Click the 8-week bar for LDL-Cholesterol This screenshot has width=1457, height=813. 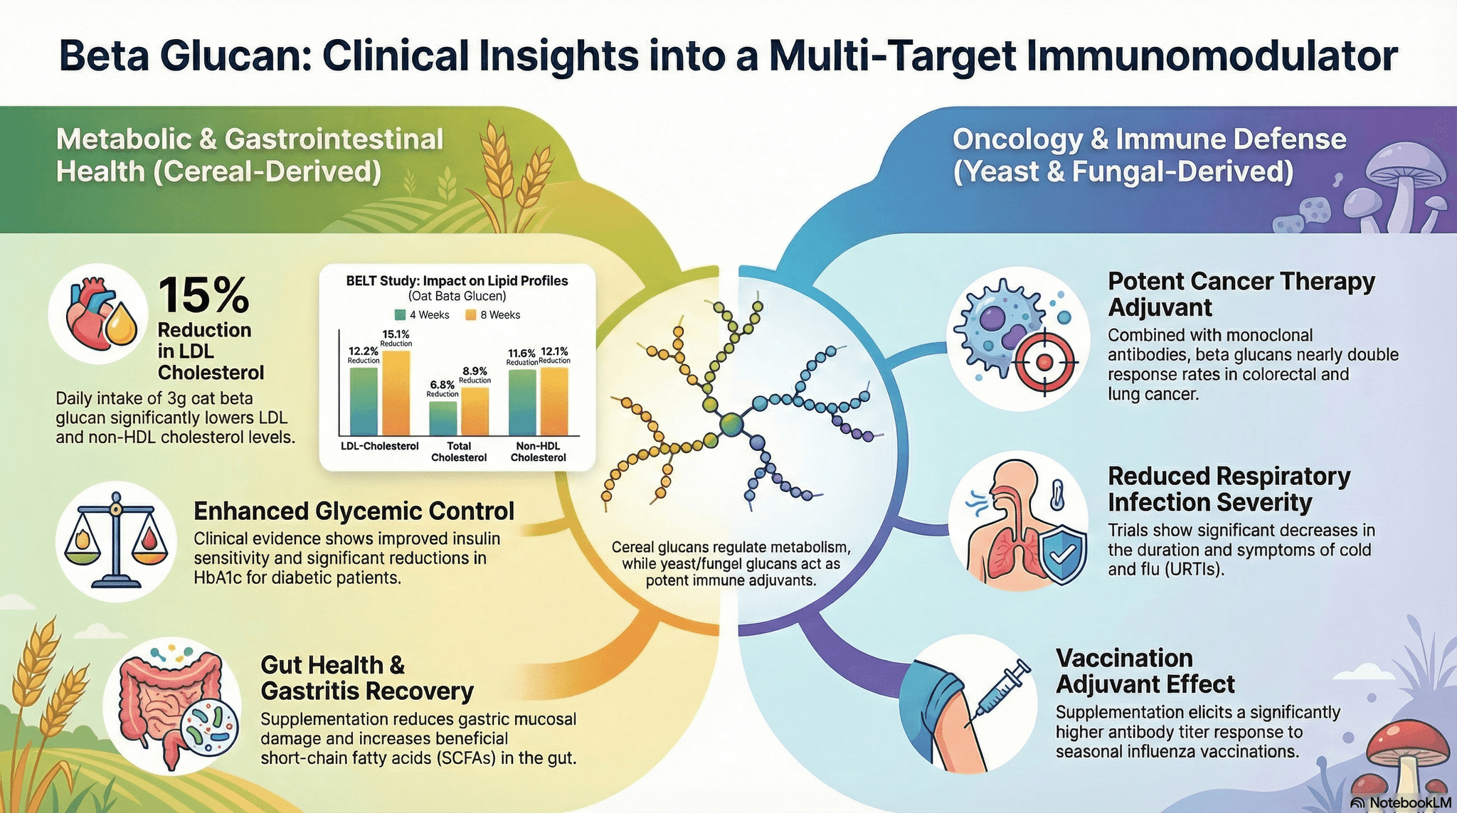coord(396,393)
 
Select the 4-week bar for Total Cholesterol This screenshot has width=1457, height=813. coord(443,418)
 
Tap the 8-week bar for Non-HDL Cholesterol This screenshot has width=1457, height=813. coord(554,401)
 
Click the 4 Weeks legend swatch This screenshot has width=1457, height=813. coord(400,315)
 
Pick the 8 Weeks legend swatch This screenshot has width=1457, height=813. coord(470,315)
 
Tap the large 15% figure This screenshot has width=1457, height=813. coord(203,294)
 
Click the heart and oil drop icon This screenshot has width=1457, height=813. coord(99,314)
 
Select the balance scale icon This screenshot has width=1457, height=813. coord(116,538)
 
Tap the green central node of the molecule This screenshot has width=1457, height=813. coord(731,425)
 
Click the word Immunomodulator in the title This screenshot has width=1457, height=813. coord(1211,56)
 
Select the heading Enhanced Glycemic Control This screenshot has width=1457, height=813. coord(354,511)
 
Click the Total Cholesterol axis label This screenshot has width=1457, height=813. coord(459,452)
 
